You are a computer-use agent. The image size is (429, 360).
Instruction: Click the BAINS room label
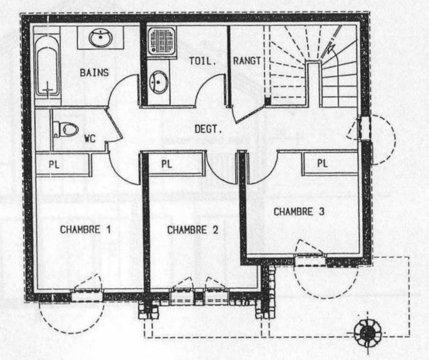click(94, 73)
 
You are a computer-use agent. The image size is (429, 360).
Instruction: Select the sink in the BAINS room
click(101, 38)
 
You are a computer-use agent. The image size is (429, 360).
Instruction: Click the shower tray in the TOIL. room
click(162, 42)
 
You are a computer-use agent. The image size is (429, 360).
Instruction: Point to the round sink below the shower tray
click(158, 82)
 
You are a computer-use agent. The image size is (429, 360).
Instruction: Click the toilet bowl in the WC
click(66, 129)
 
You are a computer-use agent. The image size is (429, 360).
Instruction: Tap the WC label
click(90, 138)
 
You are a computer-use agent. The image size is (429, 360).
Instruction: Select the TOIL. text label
click(202, 61)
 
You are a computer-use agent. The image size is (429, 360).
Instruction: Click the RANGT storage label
click(247, 61)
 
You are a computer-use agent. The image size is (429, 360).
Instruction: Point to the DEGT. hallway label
click(208, 129)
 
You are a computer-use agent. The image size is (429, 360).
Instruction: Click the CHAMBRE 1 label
click(85, 230)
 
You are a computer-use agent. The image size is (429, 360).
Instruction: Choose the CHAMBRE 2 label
click(193, 230)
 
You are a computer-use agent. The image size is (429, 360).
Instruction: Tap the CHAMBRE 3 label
click(299, 212)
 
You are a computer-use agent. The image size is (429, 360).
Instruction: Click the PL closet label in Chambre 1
click(54, 165)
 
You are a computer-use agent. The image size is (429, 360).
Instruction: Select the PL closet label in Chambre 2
click(166, 164)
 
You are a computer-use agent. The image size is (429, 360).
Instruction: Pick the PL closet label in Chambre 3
click(322, 163)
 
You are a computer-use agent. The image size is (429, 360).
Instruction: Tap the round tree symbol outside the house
click(367, 333)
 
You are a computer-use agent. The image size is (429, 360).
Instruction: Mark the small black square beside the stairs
click(268, 101)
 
